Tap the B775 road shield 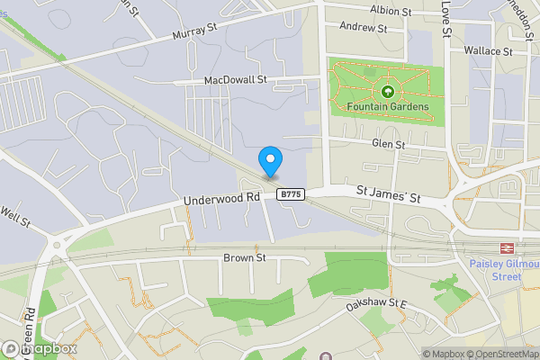[290, 193]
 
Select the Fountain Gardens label [387, 107]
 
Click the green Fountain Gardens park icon [387, 91]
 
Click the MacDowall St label [236, 80]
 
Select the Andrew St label [364, 28]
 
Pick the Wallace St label [488, 52]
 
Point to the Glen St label [388, 144]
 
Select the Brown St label [245, 257]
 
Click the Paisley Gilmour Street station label [495, 270]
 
